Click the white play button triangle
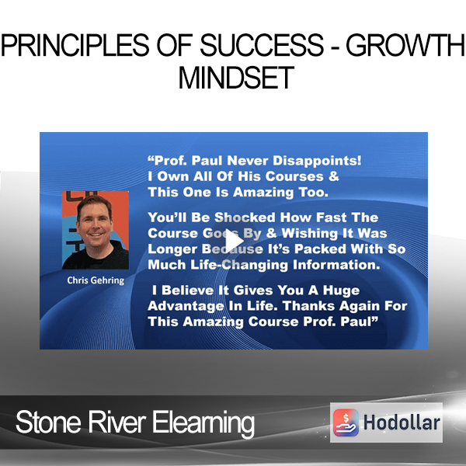pos(234,241)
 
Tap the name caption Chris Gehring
pos(96,280)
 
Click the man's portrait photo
pos(96,230)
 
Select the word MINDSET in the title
pos(236,78)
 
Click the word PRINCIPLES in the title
pos(75,45)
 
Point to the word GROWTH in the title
pos(405,45)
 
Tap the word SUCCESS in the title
pos(262,45)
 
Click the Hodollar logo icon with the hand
pos(346,423)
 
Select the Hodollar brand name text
pos(402,423)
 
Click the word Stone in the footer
pos(48,422)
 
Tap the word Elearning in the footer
pos(203,423)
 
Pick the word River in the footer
pos(116,422)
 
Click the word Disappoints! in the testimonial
pos(317,161)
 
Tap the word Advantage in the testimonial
pos(186,306)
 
